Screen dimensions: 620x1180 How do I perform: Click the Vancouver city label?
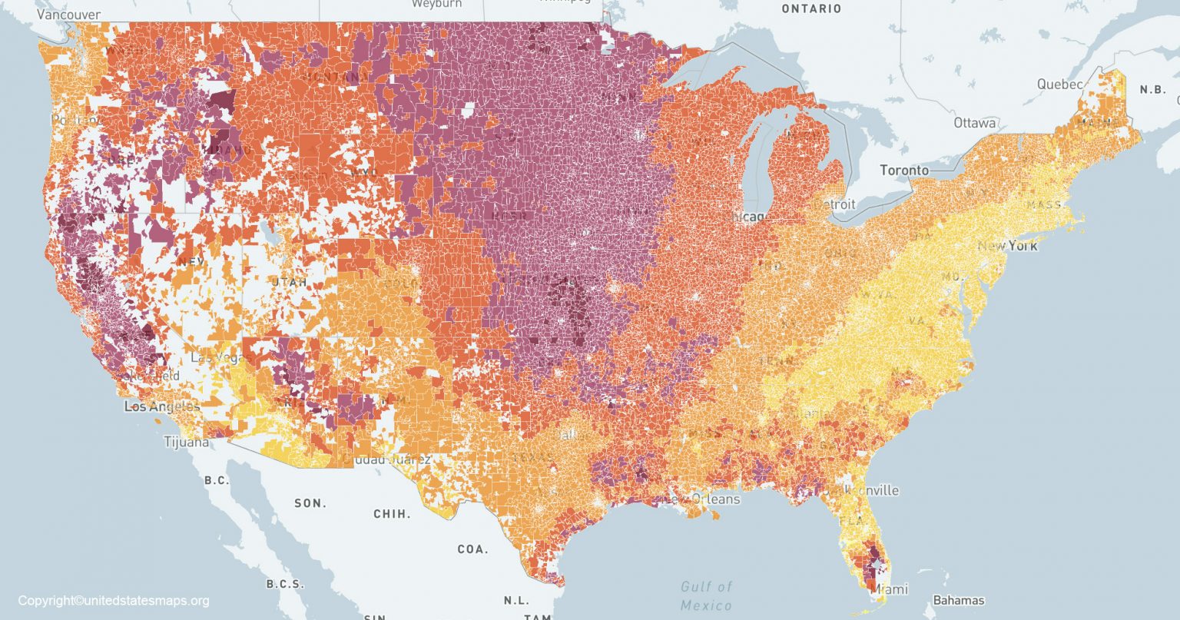(x=68, y=15)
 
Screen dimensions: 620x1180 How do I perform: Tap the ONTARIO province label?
(x=811, y=9)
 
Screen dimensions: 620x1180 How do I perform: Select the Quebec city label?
(x=1059, y=85)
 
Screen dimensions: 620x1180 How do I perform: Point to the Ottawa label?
(x=975, y=123)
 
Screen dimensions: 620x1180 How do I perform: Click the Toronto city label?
(x=904, y=170)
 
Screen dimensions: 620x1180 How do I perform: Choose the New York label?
(x=1007, y=246)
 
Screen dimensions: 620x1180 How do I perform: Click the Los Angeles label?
(x=162, y=406)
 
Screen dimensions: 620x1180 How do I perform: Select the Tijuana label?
(x=186, y=442)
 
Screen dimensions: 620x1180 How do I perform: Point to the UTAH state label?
(x=289, y=283)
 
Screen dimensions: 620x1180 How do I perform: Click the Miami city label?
(x=891, y=589)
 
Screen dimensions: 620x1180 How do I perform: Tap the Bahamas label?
(x=958, y=600)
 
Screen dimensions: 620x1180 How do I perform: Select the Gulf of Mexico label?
(x=706, y=596)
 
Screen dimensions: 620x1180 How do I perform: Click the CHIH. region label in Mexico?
(x=392, y=514)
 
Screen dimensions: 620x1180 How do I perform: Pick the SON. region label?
(x=310, y=503)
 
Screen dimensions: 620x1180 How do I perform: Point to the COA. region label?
(x=472, y=549)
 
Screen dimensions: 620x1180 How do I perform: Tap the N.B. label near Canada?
(x=1152, y=89)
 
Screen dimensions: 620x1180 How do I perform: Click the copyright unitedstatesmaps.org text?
(x=114, y=601)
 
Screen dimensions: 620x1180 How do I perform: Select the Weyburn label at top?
(x=436, y=4)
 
